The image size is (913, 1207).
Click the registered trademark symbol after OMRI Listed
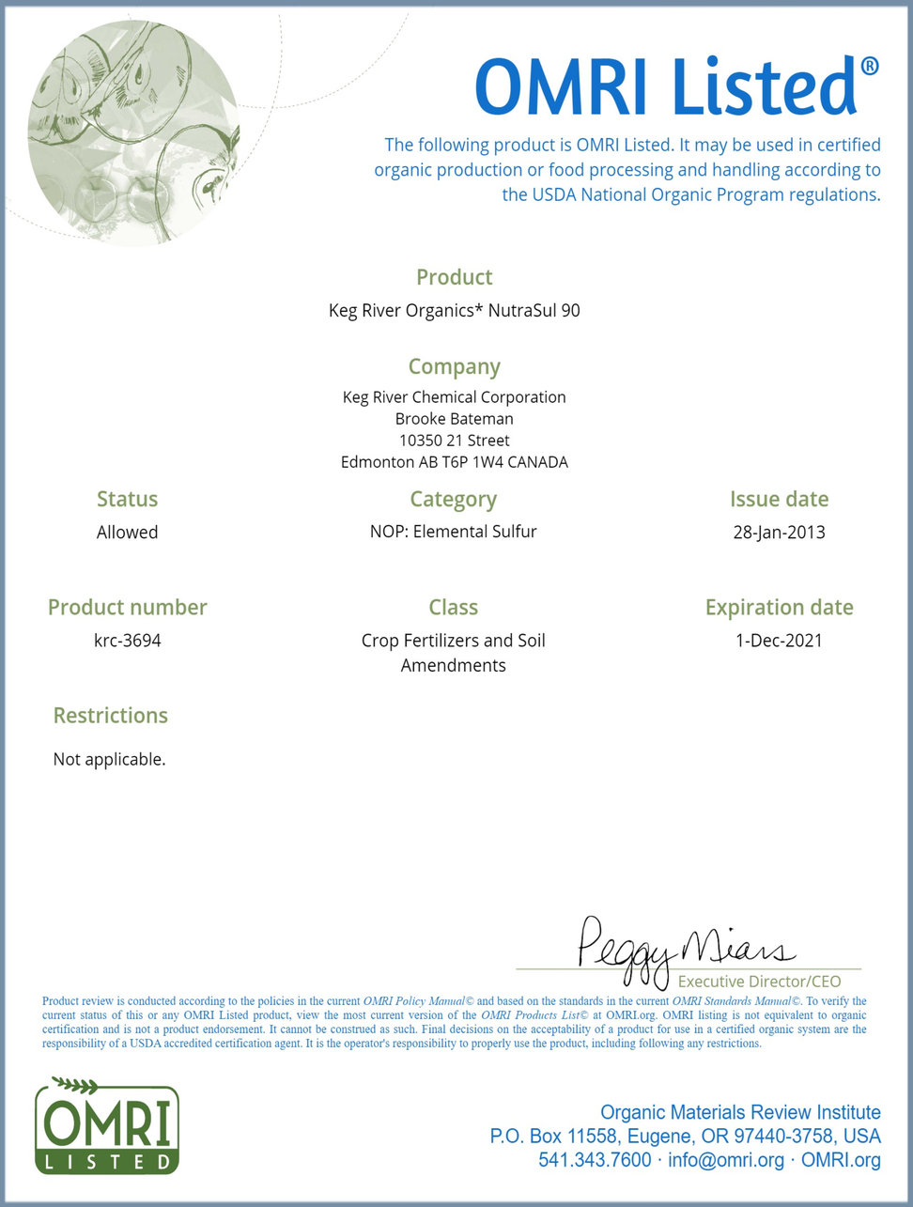point(870,67)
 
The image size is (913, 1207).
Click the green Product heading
point(454,277)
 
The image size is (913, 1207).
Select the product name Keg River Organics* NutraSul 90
point(454,310)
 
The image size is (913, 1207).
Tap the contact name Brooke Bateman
point(454,419)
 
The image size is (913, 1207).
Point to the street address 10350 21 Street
point(454,441)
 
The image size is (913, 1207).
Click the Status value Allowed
point(127,533)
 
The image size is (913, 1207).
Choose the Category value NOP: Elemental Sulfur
point(454,532)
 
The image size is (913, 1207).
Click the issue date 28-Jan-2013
point(779,533)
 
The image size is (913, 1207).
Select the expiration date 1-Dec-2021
point(779,641)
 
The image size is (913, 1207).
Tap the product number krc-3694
point(127,641)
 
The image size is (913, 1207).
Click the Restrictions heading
point(110,716)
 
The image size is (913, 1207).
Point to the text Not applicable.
point(109,759)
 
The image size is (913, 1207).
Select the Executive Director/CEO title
point(759,982)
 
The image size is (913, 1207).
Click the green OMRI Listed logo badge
point(107,1126)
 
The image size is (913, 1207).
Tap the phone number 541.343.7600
point(595,1160)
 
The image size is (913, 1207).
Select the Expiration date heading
point(779,608)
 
